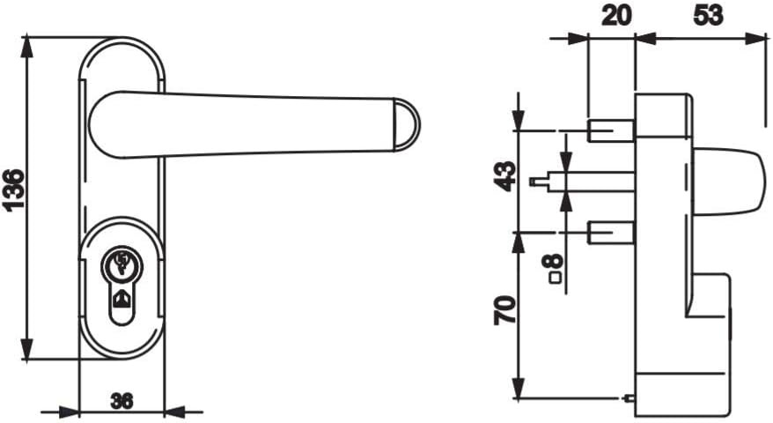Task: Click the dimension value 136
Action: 13,190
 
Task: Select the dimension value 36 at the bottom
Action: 121,401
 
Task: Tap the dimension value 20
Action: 616,16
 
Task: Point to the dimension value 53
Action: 709,16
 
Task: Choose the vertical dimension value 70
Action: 504,310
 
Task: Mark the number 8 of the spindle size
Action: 556,260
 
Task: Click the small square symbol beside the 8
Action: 556,278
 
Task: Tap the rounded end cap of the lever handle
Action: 407,123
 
